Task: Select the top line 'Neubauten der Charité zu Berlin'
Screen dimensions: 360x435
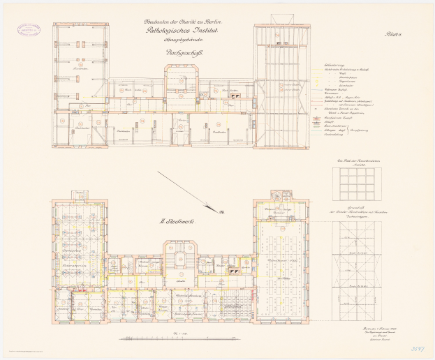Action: coord(180,21)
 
